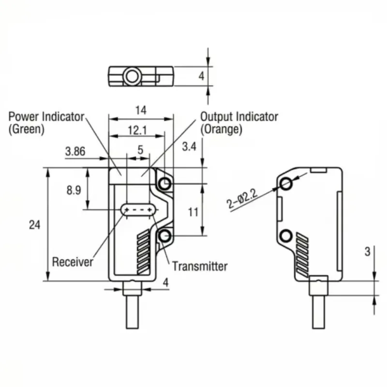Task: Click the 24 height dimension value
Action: click(34, 225)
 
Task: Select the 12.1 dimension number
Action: click(137, 130)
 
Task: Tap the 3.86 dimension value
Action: click(75, 151)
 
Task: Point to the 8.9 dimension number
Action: click(74, 190)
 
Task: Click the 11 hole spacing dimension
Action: click(193, 212)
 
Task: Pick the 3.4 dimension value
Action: click(189, 147)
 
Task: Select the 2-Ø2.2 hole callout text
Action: click(242, 199)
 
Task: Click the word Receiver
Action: click(73, 262)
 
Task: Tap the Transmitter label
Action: click(200, 267)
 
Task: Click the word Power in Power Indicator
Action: click(24, 117)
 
